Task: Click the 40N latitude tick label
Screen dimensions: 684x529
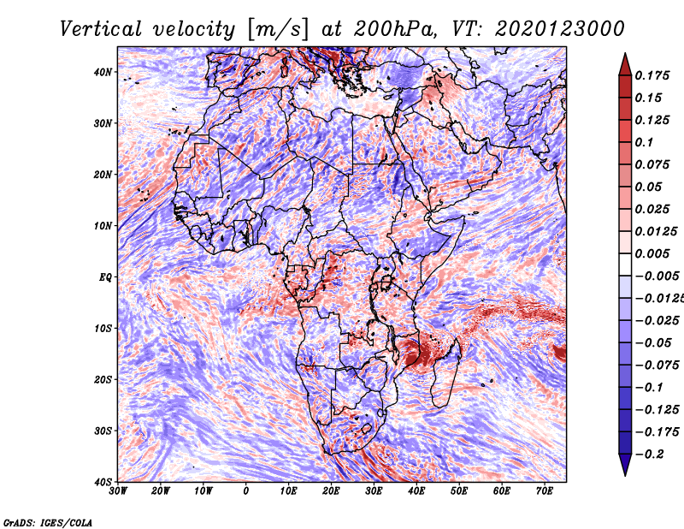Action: (x=103, y=72)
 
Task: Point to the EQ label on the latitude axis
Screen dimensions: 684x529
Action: (x=105, y=277)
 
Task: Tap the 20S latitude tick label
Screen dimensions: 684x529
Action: (x=103, y=379)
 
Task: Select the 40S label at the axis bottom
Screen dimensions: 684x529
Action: (x=103, y=482)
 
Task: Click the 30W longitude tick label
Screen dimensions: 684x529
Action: (x=118, y=491)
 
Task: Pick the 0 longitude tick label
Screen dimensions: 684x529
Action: (x=246, y=491)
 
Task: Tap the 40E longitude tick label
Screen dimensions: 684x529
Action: (x=416, y=491)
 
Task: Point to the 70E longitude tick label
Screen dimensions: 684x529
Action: (x=545, y=491)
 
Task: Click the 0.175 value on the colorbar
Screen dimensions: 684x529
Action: (x=652, y=75)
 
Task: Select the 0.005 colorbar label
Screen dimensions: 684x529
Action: (x=652, y=253)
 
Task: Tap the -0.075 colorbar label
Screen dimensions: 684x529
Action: (x=657, y=365)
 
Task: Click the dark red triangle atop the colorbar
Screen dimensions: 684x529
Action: (x=625, y=66)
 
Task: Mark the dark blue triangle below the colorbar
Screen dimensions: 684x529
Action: (x=625, y=465)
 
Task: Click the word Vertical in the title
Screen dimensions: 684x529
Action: (x=101, y=29)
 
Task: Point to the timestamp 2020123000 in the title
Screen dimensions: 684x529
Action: (x=560, y=29)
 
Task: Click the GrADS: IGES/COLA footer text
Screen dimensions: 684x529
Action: (x=48, y=522)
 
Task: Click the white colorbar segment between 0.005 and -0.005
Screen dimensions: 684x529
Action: (x=625, y=264)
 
